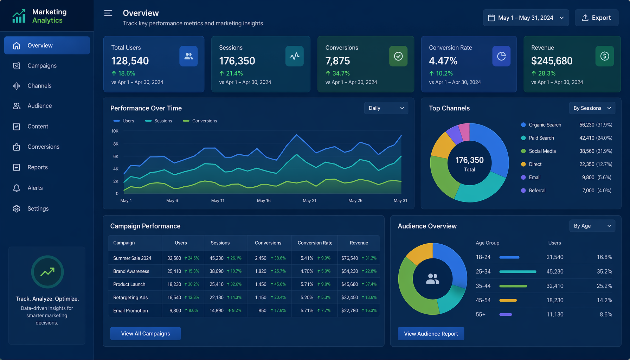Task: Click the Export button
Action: pyautogui.click(x=597, y=18)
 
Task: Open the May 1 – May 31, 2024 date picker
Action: pyautogui.click(x=526, y=18)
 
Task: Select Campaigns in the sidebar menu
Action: pyautogui.click(x=42, y=66)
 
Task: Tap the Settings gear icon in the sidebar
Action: pyautogui.click(x=17, y=209)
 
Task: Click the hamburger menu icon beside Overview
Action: pyautogui.click(x=108, y=13)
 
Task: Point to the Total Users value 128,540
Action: pyautogui.click(x=130, y=61)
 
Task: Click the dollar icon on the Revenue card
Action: pyautogui.click(x=605, y=56)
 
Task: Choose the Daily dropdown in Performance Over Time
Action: pyautogui.click(x=386, y=108)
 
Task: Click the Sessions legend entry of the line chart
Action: pyautogui.click(x=159, y=121)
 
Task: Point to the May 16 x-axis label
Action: pyautogui.click(x=264, y=201)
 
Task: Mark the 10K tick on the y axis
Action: pyautogui.click(x=115, y=131)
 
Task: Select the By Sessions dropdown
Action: pyautogui.click(x=592, y=108)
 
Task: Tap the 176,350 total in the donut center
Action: pyautogui.click(x=469, y=160)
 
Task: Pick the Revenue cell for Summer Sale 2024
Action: pyautogui.click(x=359, y=258)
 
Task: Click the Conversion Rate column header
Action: pyautogui.click(x=315, y=243)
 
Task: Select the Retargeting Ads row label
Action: pyautogui.click(x=130, y=297)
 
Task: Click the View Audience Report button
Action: pyautogui.click(x=431, y=334)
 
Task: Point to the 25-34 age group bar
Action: pyautogui.click(x=518, y=272)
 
